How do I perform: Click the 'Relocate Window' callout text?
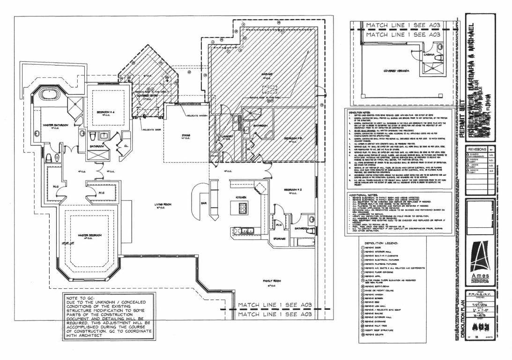pyautogui.click(x=197, y=114)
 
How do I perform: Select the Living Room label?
pyautogui.click(x=165, y=204)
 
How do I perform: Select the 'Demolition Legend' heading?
pyautogui.click(x=386, y=243)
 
